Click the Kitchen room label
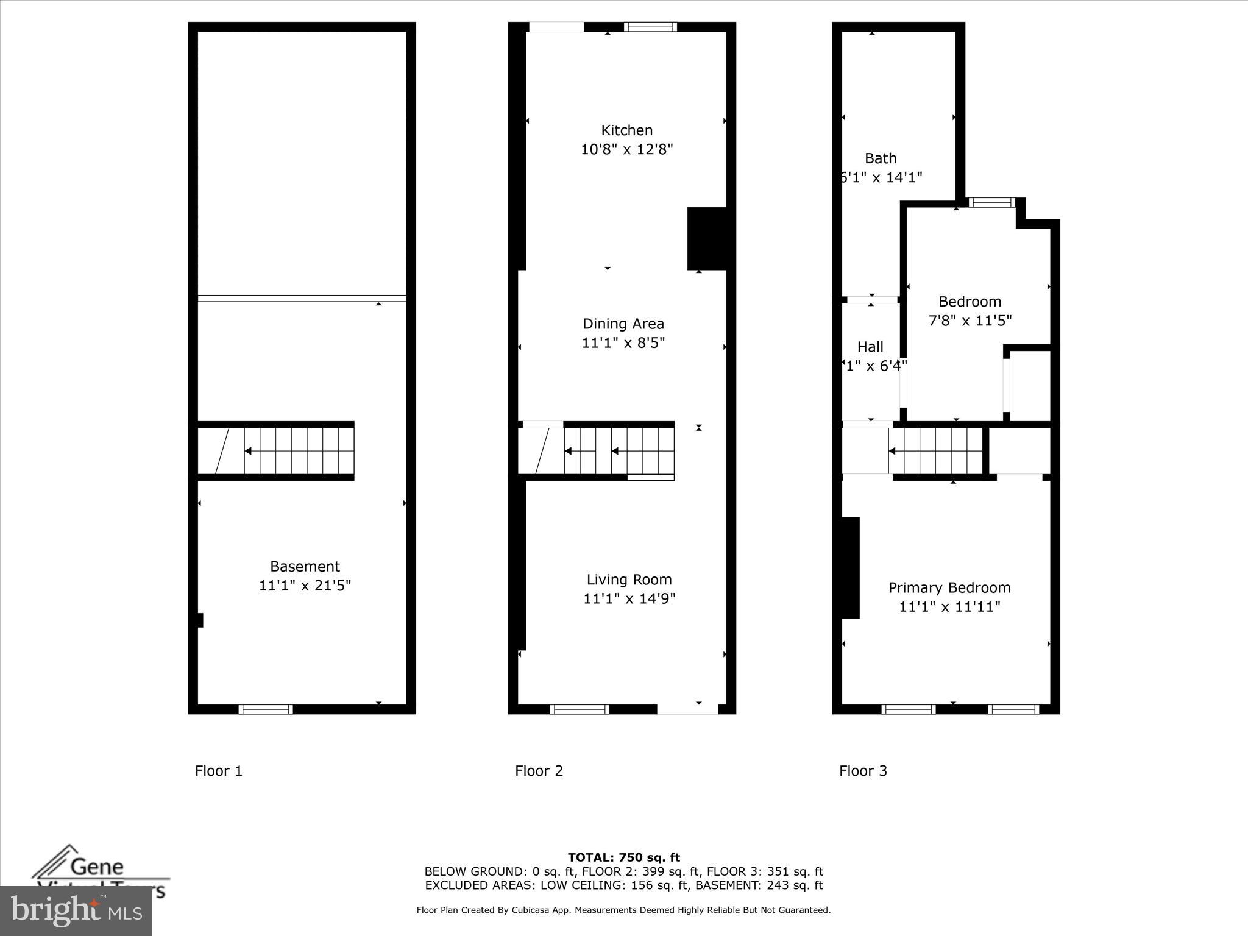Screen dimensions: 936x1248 click(x=626, y=130)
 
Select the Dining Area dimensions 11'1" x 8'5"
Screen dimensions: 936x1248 click(x=623, y=343)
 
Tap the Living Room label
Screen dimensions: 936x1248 click(x=629, y=580)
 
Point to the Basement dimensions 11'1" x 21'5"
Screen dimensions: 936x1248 click(x=305, y=586)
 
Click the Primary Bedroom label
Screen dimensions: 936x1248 click(x=949, y=588)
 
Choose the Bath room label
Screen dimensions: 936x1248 click(x=881, y=158)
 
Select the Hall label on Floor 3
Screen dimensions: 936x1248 click(x=870, y=347)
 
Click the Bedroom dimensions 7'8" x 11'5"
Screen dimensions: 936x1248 click(x=970, y=321)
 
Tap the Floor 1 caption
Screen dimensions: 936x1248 click(x=219, y=771)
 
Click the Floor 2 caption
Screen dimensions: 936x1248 click(x=539, y=771)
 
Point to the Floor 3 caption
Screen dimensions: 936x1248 click(x=863, y=771)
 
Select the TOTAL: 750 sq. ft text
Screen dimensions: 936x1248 click(x=623, y=858)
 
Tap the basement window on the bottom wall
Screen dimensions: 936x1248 click(x=265, y=709)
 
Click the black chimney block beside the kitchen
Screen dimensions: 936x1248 click(x=707, y=238)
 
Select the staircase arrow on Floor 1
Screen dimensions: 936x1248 click(x=249, y=451)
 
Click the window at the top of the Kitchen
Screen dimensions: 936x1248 click(x=650, y=27)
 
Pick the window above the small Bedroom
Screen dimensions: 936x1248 click(x=991, y=202)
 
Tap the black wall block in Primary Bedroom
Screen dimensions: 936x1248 click(x=851, y=567)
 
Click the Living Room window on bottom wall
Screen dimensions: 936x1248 click(x=579, y=709)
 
